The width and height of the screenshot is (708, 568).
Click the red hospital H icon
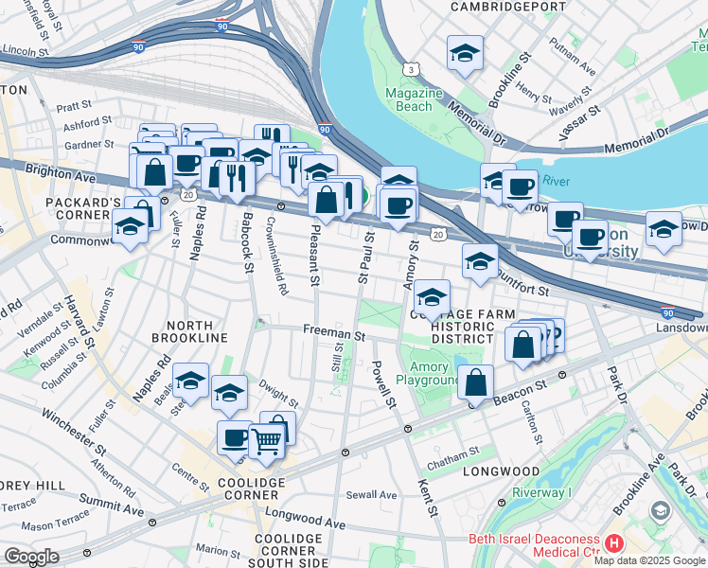click(613, 543)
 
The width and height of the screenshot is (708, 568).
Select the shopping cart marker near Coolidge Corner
click(268, 438)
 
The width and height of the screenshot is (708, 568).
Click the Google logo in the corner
click(31, 556)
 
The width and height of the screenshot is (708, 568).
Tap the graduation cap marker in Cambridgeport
click(465, 55)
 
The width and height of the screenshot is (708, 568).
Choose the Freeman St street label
click(334, 332)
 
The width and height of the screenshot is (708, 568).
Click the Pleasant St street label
click(315, 254)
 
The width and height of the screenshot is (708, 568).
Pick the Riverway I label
click(543, 492)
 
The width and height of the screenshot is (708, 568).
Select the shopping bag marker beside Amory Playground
click(475, 383)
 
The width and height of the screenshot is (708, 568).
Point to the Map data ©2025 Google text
click(649, 559)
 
